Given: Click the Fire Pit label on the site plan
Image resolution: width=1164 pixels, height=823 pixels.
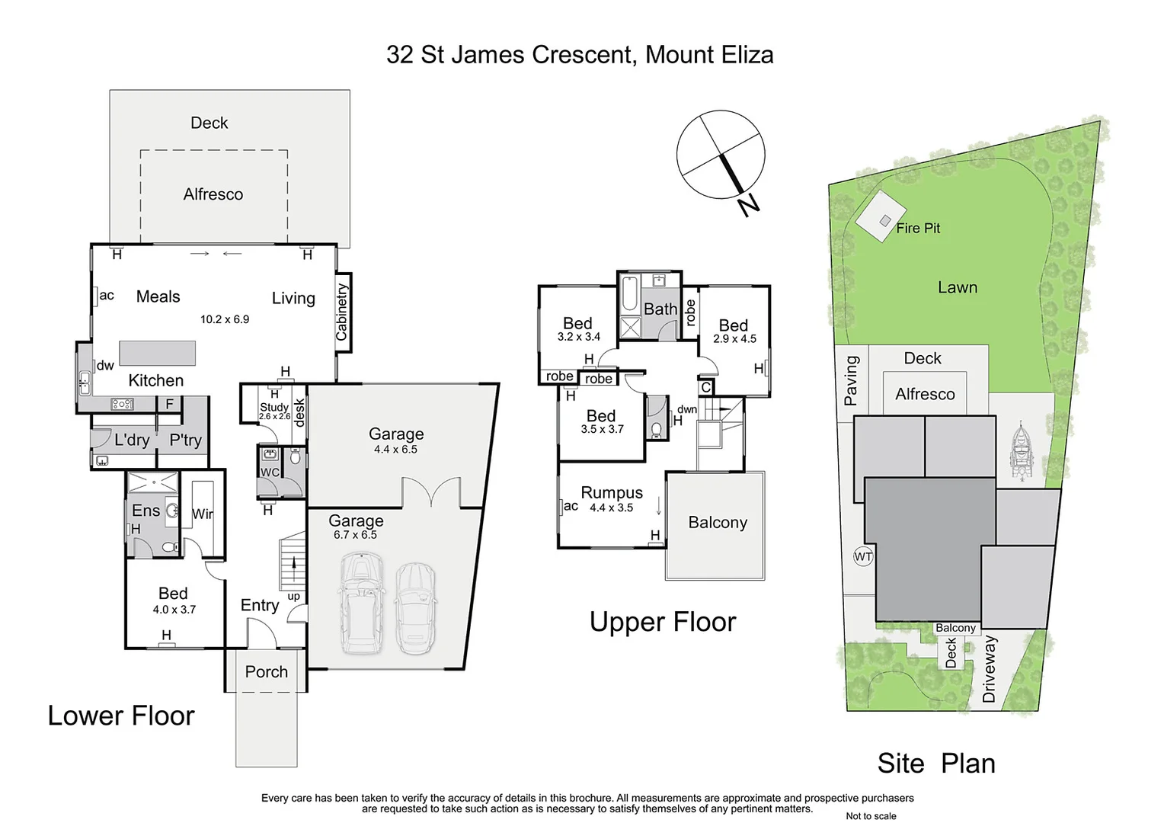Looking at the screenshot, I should coord(917,228).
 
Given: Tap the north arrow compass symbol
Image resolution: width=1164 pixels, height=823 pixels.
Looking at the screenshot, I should coord(721,155).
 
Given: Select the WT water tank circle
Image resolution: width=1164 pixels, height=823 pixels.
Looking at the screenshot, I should coord(862,557).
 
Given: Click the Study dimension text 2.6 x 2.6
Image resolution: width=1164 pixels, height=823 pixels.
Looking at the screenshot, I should coord(274,417).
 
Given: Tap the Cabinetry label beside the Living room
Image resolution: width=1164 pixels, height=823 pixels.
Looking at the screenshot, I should coord(342,312).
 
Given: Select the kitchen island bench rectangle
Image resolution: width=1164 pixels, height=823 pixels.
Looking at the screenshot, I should coord(157,353).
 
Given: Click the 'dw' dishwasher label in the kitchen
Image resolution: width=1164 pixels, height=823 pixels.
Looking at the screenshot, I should coord(105,365).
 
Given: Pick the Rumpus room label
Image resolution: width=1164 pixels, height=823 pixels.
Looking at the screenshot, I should coord(612,493).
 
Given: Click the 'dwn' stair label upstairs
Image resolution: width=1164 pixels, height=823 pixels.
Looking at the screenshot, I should coord(686,409).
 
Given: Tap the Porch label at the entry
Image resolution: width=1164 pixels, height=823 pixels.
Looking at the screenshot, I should coord(266,671).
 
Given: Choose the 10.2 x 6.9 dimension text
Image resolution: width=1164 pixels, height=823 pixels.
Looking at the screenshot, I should coord(225,319).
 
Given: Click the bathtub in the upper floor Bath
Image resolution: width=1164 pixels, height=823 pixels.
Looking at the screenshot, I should coord(629,295).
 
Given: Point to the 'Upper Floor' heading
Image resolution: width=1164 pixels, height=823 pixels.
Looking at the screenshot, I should coord(662,622).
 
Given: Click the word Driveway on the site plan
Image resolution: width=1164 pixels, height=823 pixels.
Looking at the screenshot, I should coord(989,668).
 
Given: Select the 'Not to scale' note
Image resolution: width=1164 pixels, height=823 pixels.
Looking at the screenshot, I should coord(871,816).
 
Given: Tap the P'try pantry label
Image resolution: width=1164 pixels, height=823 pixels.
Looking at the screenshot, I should coord(185,440).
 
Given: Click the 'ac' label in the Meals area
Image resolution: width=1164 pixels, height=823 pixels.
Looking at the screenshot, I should coord(107,296).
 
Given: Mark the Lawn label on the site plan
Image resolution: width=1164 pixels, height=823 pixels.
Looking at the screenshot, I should coord(957,287).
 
